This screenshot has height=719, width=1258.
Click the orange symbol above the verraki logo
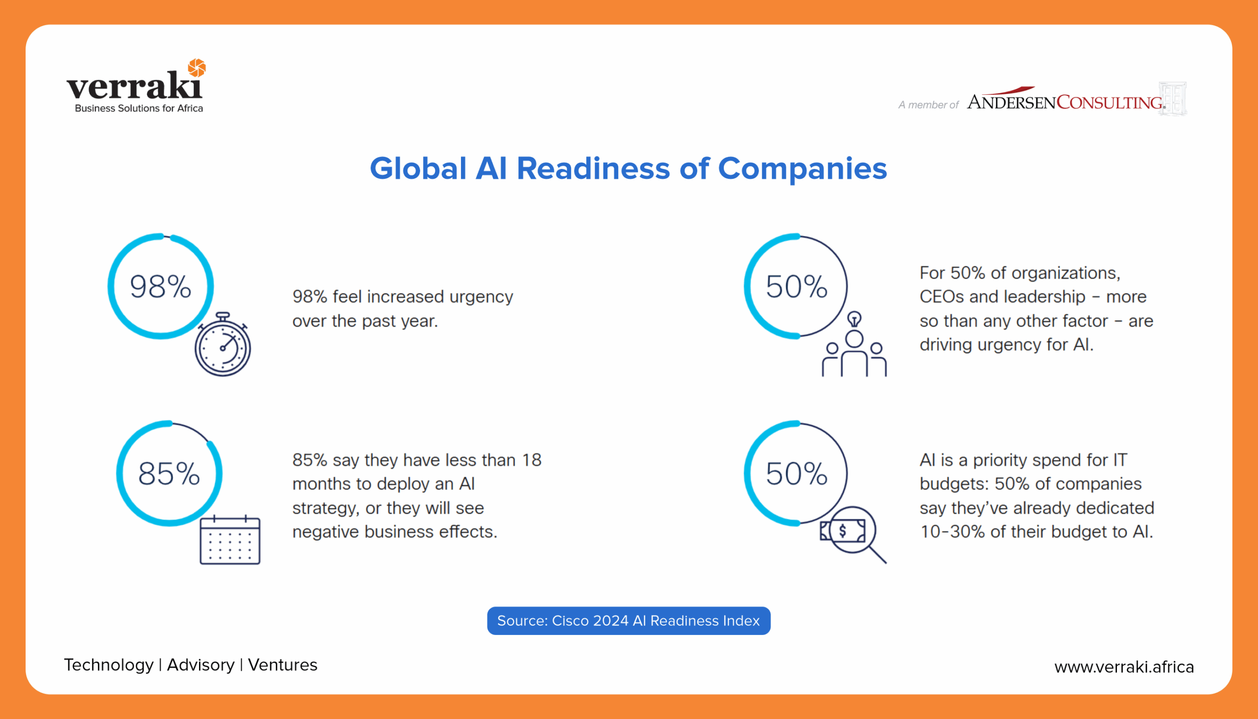197,68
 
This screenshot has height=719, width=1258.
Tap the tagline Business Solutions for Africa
139,108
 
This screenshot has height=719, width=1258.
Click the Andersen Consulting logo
1076,99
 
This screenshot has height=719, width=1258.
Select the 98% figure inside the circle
161,287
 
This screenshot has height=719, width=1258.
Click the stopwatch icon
223,344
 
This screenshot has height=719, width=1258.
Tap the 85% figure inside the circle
169,474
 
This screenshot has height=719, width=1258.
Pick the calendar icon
230,539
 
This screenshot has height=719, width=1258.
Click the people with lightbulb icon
854,344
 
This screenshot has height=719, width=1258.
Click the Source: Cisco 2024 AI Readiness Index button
629,621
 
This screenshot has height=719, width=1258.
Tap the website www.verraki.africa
1124,666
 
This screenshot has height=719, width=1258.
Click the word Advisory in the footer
200,665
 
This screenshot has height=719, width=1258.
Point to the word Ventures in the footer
283,664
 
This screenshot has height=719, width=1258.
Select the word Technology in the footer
109,665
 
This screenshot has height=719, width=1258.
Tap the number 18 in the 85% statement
532,460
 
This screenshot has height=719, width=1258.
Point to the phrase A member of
928,105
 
